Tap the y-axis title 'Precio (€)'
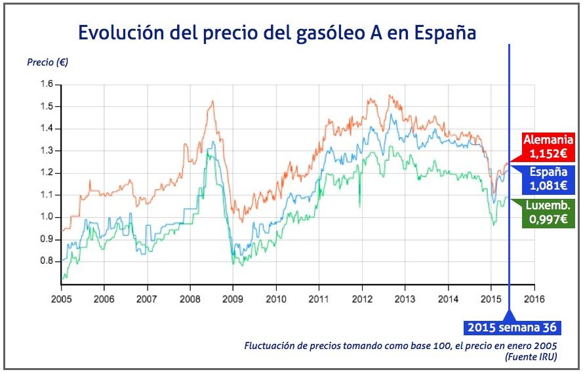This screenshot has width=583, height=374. (48, 63)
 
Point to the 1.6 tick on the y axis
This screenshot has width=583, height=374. (46, 84)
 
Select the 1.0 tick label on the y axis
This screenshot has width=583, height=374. (46, 217)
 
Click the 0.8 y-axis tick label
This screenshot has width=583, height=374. (46, 261)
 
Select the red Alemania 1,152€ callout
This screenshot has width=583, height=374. (548, 146)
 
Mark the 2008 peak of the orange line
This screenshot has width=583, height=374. (212, 102)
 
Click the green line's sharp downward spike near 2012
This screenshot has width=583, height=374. (359, 205)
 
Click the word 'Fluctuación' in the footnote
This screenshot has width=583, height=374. (270, 345)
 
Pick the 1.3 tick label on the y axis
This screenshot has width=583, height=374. (46, 151)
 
